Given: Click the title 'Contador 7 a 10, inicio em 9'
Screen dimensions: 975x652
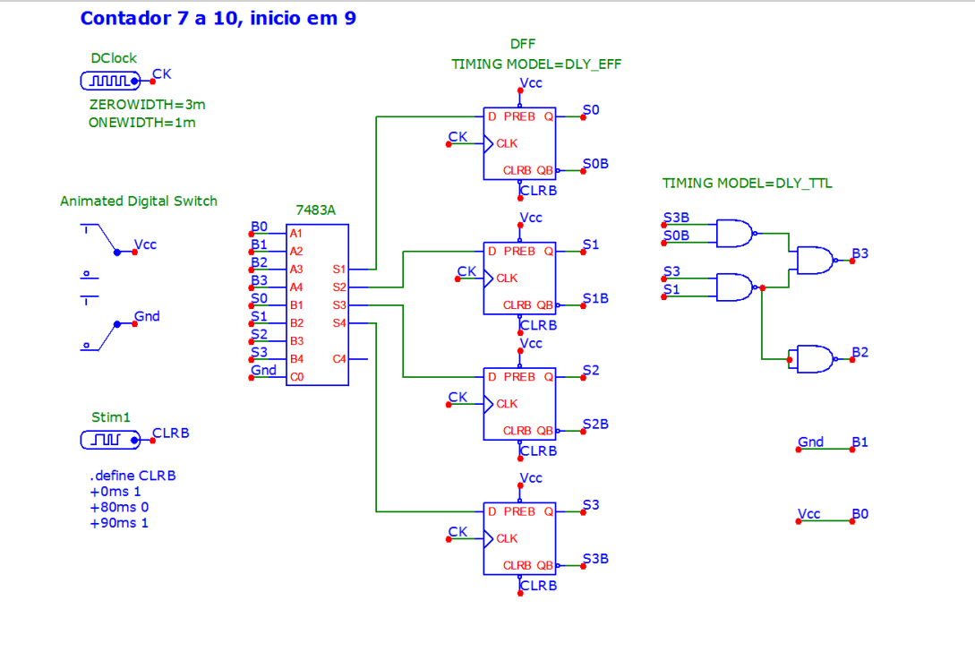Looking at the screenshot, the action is tap(218, 18).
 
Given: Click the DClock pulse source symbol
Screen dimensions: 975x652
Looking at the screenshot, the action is tap(110, 81).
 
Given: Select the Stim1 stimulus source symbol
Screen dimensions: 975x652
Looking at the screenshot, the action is tap(110, 440).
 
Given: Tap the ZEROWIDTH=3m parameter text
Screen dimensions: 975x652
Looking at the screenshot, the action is tap(148, 105).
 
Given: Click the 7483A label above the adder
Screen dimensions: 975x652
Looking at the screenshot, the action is tap(315, 210).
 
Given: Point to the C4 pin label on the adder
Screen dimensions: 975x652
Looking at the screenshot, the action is tap(339, 359).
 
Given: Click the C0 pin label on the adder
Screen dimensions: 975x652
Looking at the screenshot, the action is tap(296, 377).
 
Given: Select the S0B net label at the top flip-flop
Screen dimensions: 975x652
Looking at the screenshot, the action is tap(595, 164).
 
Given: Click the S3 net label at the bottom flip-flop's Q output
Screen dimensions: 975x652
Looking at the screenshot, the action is tap(591, 504).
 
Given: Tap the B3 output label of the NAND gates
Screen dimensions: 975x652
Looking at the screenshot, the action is tap(860, 253).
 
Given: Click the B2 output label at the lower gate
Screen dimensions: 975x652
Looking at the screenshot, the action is tap(860, 352).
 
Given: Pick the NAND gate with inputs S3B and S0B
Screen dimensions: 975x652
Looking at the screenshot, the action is tap(736, 233).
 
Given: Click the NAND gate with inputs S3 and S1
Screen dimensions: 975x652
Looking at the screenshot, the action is tap(736, 287).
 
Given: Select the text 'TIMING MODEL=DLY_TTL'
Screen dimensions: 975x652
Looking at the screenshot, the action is tap(747, 184).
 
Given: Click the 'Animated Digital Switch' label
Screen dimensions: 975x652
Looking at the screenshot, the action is tap(139, 201).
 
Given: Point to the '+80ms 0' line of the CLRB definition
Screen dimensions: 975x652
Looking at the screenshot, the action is tap(119, 507).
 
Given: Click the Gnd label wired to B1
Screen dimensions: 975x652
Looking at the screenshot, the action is tap(811, 442).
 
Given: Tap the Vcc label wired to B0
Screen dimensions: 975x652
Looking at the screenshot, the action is tap(809, 514).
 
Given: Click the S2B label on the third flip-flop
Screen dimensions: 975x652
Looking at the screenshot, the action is tap(595, 424).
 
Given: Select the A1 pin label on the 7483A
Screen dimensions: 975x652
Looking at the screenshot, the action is tap(296, 233).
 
